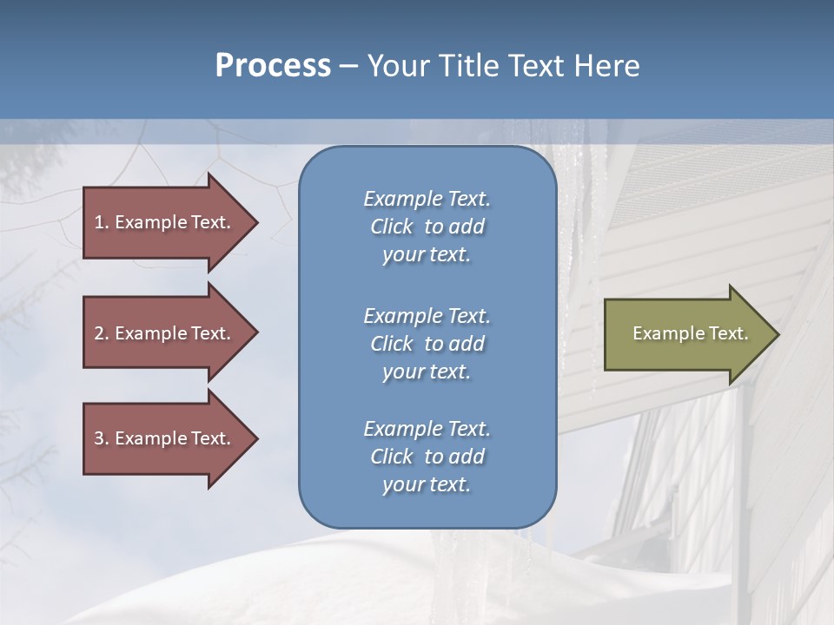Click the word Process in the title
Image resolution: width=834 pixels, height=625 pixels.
pyautogui.click(x=273, y=66)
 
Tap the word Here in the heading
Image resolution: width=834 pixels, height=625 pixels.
pyautogui.click(x=607, y=66)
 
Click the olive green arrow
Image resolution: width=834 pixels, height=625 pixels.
pyautogui.click(x=686, y=334)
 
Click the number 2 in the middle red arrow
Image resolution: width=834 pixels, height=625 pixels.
pyautogui.click(x=99, y=333)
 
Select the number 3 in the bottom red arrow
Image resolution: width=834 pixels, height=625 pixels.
pyautogui.click(x=99, y=438)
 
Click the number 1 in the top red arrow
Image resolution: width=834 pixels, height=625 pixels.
pyautogui.click(x=98, y=222)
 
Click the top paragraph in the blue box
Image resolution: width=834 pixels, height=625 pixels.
pyautogui.click(x=427, y=227)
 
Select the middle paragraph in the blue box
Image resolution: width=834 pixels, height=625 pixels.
pyautogui.click(x=427, y=344)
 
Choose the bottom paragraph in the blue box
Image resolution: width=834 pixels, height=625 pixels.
pyautogui.click(x=427, y=457)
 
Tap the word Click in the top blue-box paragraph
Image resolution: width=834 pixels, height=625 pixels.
pyautogui.click(x=392, y=227)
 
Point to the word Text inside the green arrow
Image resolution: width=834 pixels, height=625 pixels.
pyautogui.click(x=728, y=333)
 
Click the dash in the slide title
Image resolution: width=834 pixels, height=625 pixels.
pyautogui.click(x=348, y=67)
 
